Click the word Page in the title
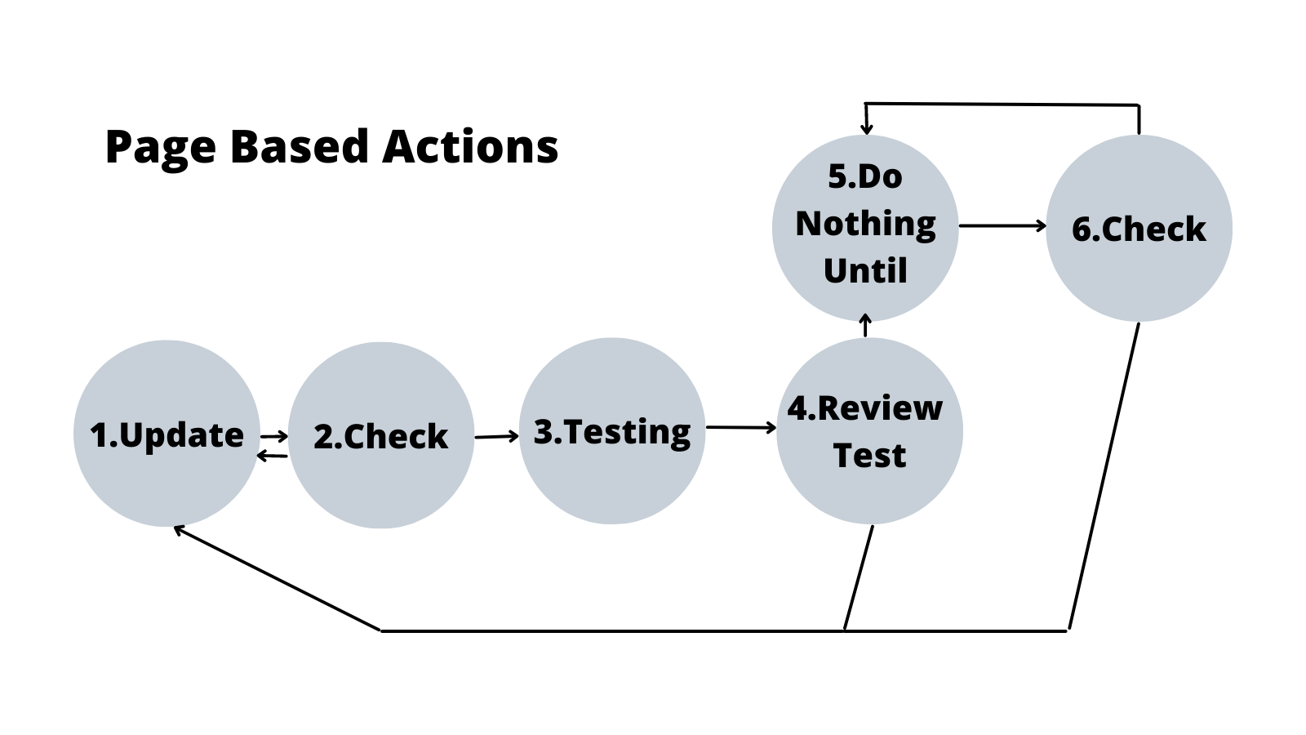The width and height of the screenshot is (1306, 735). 160,149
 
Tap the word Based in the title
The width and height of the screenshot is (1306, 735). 299,147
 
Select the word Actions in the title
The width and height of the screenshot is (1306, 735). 470,147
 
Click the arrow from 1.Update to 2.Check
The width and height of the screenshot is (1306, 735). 274,436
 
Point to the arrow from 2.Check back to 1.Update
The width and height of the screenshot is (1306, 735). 272,456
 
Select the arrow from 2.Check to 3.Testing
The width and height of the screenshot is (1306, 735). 496,436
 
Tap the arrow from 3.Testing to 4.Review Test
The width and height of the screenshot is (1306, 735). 740,427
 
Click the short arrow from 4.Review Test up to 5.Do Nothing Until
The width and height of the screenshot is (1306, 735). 866,326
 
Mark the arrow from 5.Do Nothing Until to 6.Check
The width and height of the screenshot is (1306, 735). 1002,225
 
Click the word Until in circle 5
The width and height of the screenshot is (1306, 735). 865,271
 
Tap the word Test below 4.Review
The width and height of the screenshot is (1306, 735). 869,456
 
